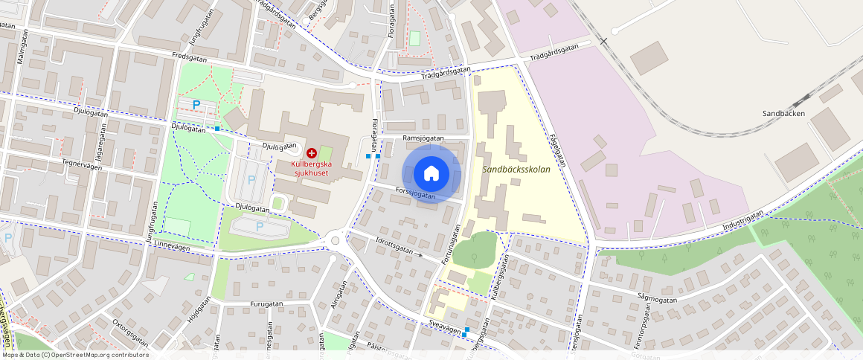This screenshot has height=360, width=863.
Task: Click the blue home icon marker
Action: coord(431,173)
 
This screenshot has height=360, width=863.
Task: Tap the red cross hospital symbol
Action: coord(311,152)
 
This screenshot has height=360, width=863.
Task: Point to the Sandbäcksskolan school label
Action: coord(516,170)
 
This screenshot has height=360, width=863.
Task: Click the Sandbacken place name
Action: coord(784,114)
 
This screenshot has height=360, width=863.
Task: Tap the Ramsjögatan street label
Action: coord(423,138)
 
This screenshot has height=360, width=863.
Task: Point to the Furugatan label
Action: coord(266,304)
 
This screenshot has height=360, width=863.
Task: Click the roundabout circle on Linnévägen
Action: coord(336,240)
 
